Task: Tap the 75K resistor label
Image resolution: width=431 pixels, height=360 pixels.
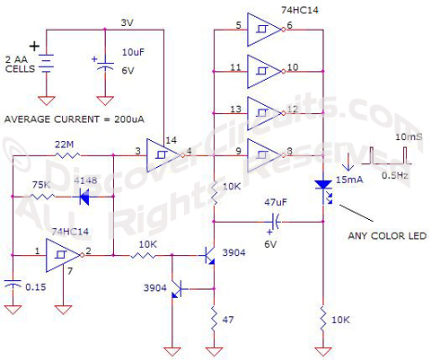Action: click(40, 186)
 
